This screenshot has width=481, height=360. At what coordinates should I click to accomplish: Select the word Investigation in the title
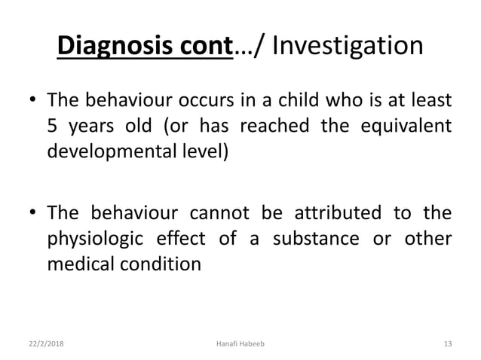coord(347,47)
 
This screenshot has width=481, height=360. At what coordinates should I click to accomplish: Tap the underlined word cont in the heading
coord(204,47)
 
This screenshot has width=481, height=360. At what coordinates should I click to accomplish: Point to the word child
coord(311,100)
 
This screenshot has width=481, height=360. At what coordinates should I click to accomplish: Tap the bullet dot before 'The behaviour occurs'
coord(32,101)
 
